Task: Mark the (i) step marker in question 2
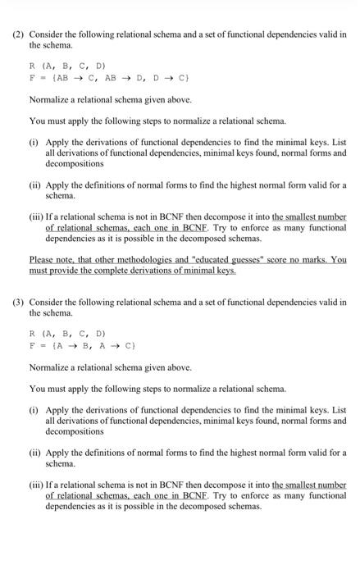pos(34,142)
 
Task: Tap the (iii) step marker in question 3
pos(37,484)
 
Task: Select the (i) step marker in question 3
pos(34,409)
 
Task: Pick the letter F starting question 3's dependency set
pos(32,346)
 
